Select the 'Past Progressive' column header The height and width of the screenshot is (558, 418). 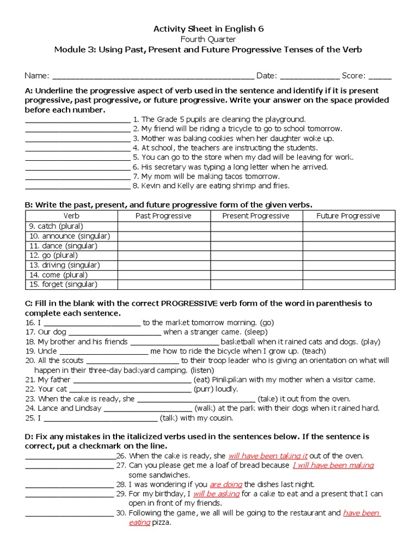[x=163, y=216]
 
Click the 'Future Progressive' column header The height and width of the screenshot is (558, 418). [x=348, y=216]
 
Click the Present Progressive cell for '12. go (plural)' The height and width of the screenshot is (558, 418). [x=256, y=255]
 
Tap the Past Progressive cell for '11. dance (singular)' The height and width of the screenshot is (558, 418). [x=163, y=245]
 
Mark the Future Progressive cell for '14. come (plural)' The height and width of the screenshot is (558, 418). [x=348, y=275]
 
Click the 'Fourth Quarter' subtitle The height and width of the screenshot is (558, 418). [x=208, y=39]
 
